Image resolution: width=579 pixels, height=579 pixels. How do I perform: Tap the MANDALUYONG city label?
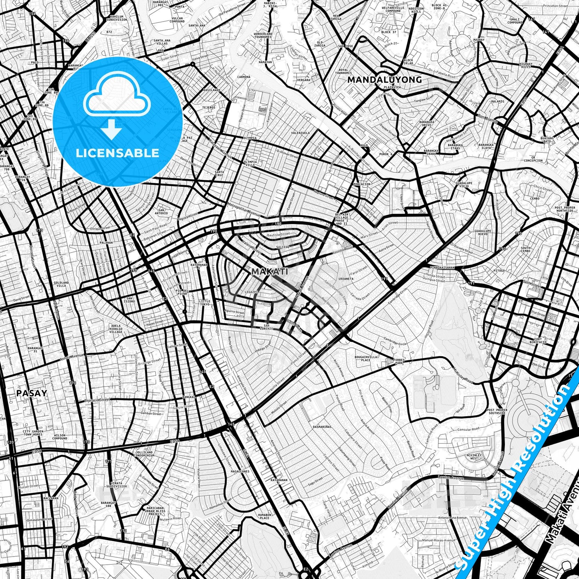[x=384, y=80]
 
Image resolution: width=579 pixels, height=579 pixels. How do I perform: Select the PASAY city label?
[x=32, y=393]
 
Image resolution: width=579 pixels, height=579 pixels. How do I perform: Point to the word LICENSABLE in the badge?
[x=117, y=153]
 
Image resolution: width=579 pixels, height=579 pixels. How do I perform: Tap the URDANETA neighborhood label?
[x=346, y=278]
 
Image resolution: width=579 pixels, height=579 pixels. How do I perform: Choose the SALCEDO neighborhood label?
[x=282, y=247]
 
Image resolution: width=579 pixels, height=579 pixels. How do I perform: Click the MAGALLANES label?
[x=240, y=472]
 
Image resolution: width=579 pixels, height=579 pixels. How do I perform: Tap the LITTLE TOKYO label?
[x=204, y=303]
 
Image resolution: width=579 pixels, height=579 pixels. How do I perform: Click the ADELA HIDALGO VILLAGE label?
[x=116, y=329]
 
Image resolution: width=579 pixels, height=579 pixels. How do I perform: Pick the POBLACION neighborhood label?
[x=362, y=184]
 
